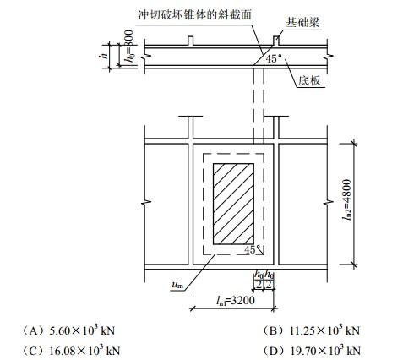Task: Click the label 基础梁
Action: (303, 23)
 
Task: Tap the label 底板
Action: (309, 81)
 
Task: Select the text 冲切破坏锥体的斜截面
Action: (194, 14)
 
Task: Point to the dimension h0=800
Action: (130, 46)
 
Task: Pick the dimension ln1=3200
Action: (236, 301)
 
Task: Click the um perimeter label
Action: (177, 285)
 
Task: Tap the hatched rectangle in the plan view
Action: (233, 204)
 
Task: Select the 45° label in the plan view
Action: (251, 249)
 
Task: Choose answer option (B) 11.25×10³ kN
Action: (312, 330)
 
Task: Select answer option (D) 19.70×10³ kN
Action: (312, 351)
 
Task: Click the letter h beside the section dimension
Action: (104, 56)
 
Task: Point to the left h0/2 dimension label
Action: (259, 280)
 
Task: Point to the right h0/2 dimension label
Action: (269, 280)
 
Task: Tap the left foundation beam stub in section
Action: (191, 41)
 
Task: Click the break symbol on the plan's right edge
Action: (327, 202)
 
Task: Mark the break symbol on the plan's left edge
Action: (145, 202)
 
